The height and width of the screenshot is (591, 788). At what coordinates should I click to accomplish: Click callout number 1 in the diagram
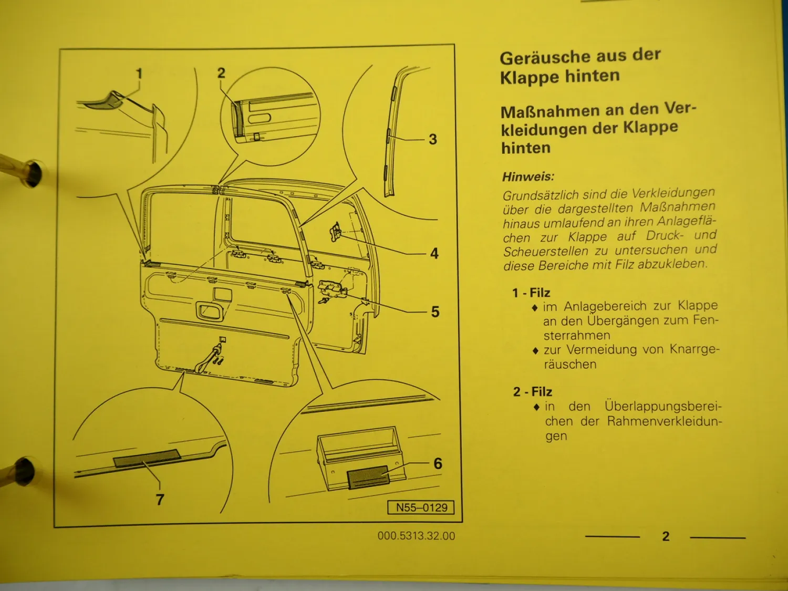coord(139,74)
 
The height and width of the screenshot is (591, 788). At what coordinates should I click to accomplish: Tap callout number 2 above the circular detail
coord(221,73)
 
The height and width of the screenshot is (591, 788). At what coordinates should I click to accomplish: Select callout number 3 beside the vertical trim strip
coord(432,139)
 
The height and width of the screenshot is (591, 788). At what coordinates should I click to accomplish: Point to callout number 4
coord(434,253)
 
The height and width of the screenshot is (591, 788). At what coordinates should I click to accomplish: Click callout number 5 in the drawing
coord(435,312)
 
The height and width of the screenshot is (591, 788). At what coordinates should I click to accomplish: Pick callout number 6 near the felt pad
coord(438,463)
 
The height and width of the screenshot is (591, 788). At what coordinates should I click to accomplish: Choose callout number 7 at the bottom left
coord(160,499)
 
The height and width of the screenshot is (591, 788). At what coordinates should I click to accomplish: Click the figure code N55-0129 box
coord(421,507)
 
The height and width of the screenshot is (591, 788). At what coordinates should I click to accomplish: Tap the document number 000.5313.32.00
coord(416,536)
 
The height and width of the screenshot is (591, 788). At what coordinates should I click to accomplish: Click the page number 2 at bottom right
coord(666,536)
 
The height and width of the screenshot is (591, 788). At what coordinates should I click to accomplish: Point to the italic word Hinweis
coord(528,177)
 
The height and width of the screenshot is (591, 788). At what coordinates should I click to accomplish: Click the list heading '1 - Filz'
coord(531,293)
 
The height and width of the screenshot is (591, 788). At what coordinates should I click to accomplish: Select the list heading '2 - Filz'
coord(533,391)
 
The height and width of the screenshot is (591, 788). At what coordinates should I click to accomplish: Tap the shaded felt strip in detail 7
coord(147,458)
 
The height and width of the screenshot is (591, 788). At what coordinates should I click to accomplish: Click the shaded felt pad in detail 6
coord(368,476)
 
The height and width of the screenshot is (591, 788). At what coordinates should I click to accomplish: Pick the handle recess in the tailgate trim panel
coord(210,311)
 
